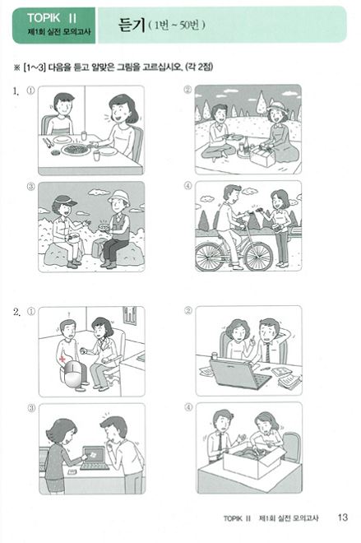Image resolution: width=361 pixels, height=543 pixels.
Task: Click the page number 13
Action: [x=342, y=517]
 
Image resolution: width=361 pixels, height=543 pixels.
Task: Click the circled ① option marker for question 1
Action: [x=31, y=92]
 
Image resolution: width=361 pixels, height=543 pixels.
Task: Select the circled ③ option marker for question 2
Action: [x=31, y=407]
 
